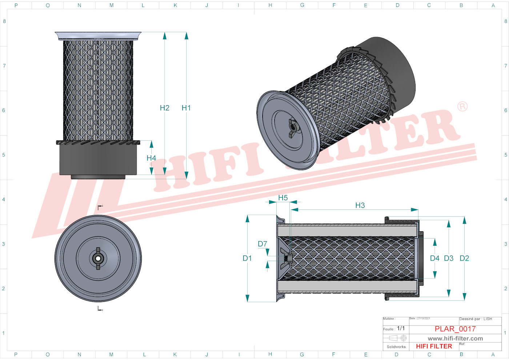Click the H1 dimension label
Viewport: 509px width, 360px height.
click(186, 108)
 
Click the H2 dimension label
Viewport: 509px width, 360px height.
click(165, 108)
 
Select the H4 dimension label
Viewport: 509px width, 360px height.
click(151, 158)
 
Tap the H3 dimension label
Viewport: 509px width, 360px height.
click(360, 205)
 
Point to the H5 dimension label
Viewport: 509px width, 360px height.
click(283, 198)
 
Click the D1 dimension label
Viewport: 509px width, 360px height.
click(247, 258)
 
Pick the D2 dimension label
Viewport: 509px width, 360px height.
click(464, 258)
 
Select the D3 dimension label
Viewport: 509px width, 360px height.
click(449, 258)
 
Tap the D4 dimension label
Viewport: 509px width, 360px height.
click(434, 258)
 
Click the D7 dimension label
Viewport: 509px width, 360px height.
click(262, 244)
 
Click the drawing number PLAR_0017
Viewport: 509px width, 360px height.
click(455, 329)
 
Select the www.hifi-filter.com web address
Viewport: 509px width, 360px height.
click(455, 339)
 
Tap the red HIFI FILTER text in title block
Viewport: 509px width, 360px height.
click(434, 347)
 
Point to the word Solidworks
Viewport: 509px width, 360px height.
click(396, 347)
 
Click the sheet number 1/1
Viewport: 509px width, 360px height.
click(401, 328)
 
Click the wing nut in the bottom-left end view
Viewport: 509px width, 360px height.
click(98, 259)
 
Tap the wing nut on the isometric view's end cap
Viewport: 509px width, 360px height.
click(292, 128)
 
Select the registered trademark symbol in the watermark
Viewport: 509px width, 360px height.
click(462, 107)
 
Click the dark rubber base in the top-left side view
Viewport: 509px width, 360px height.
click(98, 160)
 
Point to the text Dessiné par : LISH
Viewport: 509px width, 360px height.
click(476, 319)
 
